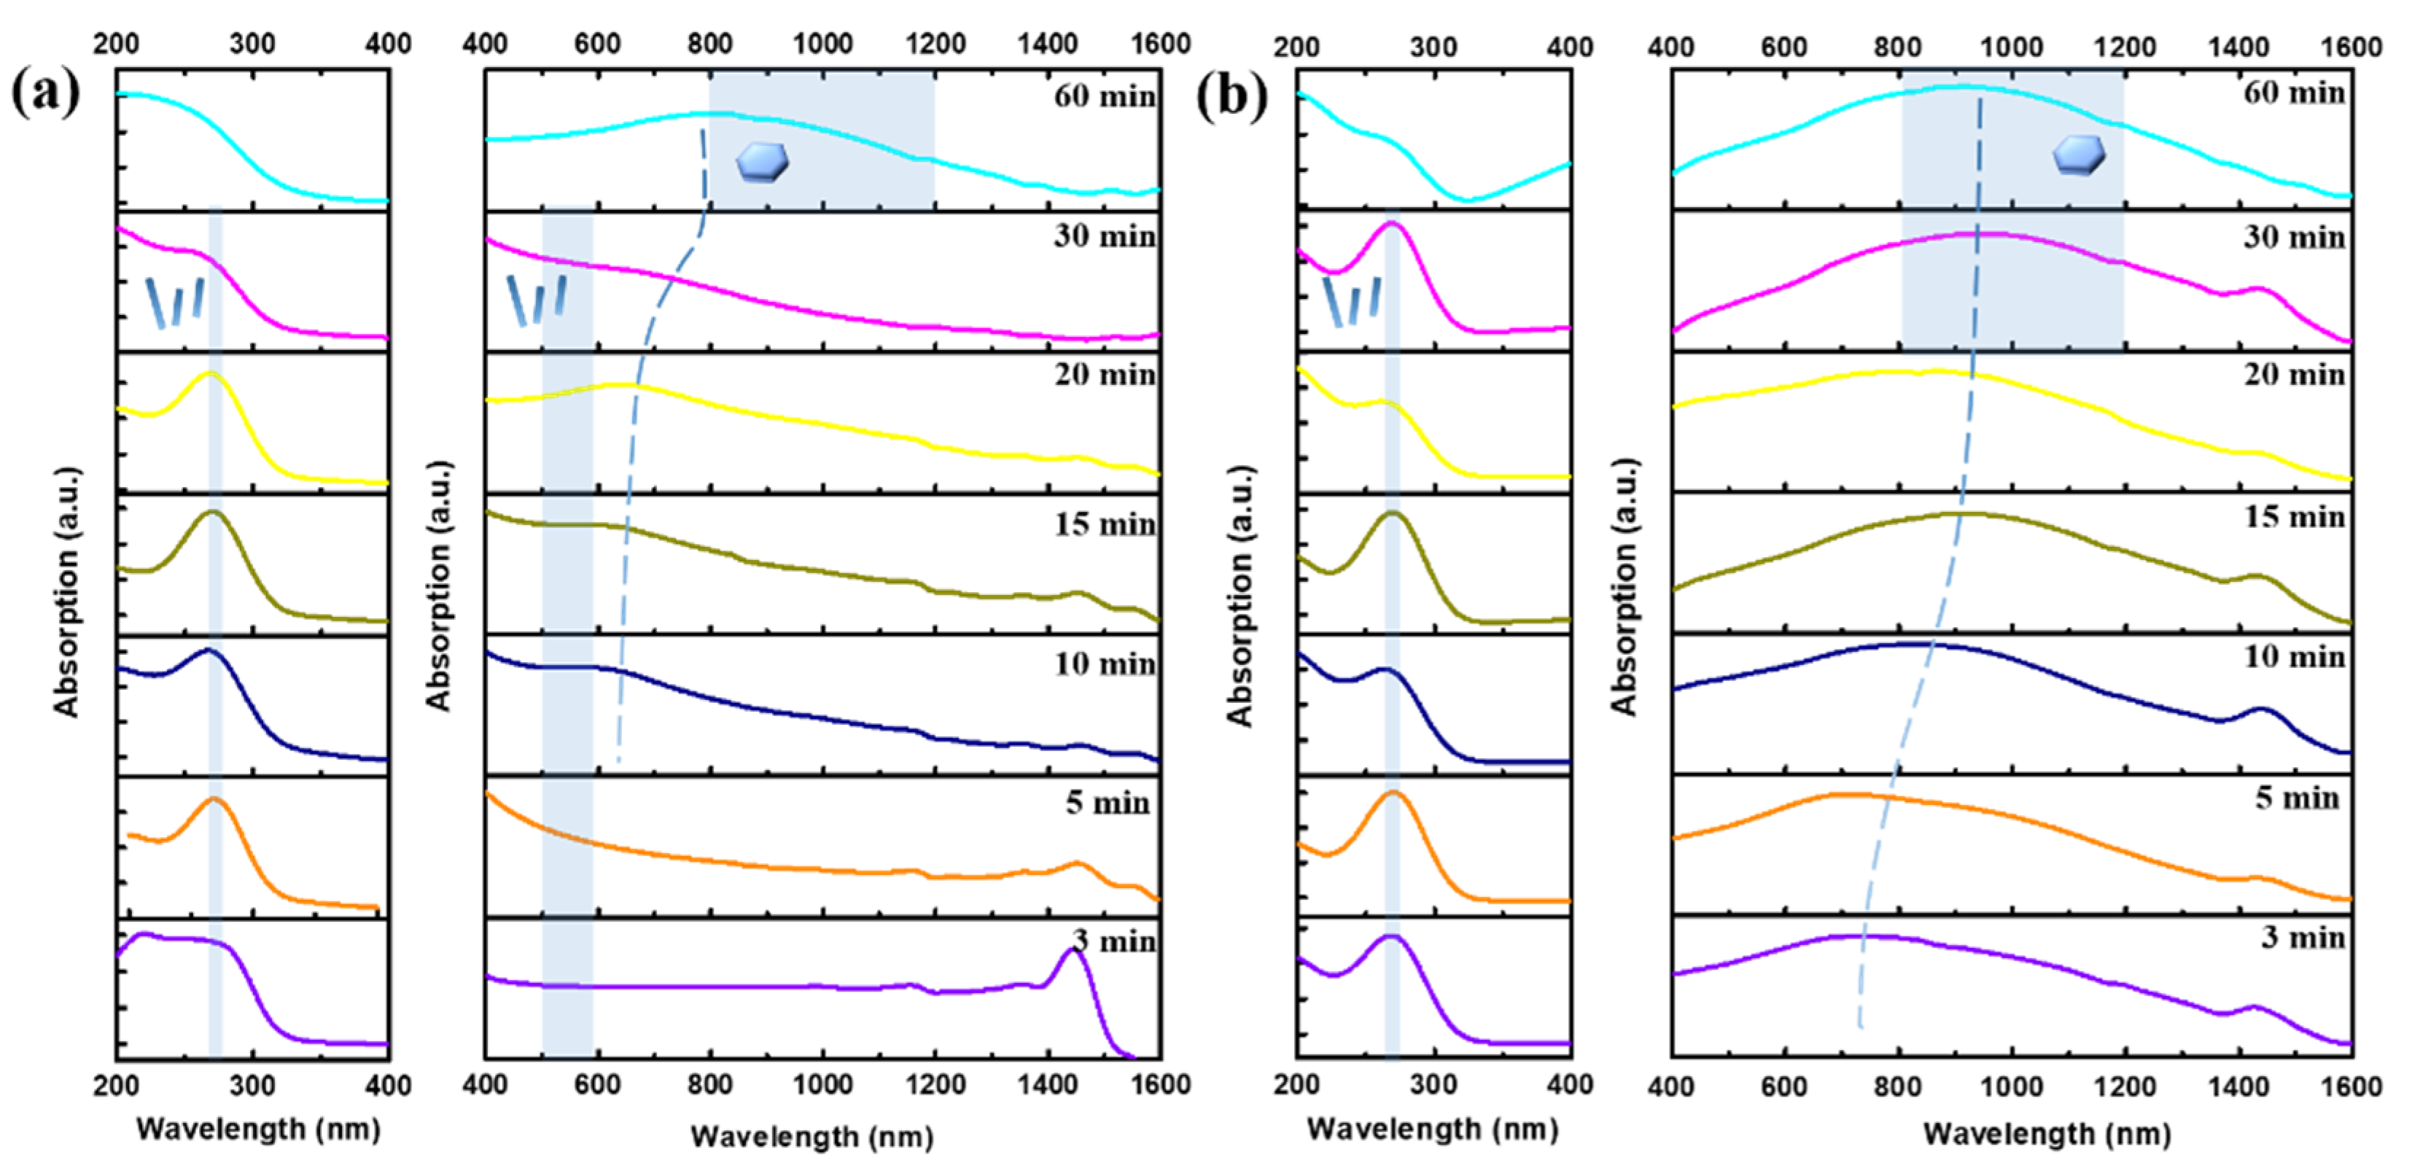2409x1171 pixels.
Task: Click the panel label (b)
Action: (1231, 96)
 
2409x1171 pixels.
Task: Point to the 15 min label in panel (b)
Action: (2295, 516)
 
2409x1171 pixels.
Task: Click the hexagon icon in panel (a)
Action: (762, 162)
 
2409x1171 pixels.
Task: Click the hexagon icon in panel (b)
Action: (2079, 155)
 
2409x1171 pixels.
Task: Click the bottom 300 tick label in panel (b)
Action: (1433, 1085)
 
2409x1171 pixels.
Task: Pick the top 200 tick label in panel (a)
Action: (117, 43)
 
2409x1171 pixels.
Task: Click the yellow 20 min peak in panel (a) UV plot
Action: (211, 374)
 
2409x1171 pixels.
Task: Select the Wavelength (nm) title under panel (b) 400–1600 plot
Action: (2046, 1134)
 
